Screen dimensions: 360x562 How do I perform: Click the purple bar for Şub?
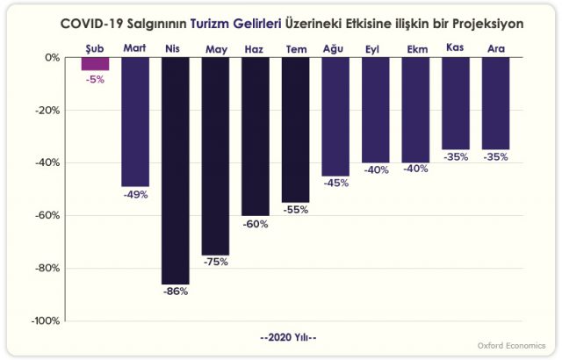(95, 63)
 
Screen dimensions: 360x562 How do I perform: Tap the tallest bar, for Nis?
(176, 170)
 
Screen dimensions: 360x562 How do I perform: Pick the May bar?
(215, 155)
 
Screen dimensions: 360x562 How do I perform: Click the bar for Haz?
(256, 136)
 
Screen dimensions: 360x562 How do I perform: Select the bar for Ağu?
(335, 116)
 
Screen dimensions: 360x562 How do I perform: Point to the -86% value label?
(176, 292)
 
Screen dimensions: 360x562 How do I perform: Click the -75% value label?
(215, 263)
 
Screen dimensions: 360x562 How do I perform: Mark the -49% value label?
(135, 195)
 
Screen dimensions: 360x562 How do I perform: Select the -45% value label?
(335, 184)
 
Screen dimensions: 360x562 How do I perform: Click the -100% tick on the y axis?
(46, 320)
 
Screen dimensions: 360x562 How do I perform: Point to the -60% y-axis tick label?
(47, 215)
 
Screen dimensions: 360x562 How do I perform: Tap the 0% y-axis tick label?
(52, 57)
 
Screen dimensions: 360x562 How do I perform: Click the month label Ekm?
(416, 49)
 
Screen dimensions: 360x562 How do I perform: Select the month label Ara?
(496, 48)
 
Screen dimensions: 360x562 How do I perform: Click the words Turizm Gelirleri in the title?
(234, 24)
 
